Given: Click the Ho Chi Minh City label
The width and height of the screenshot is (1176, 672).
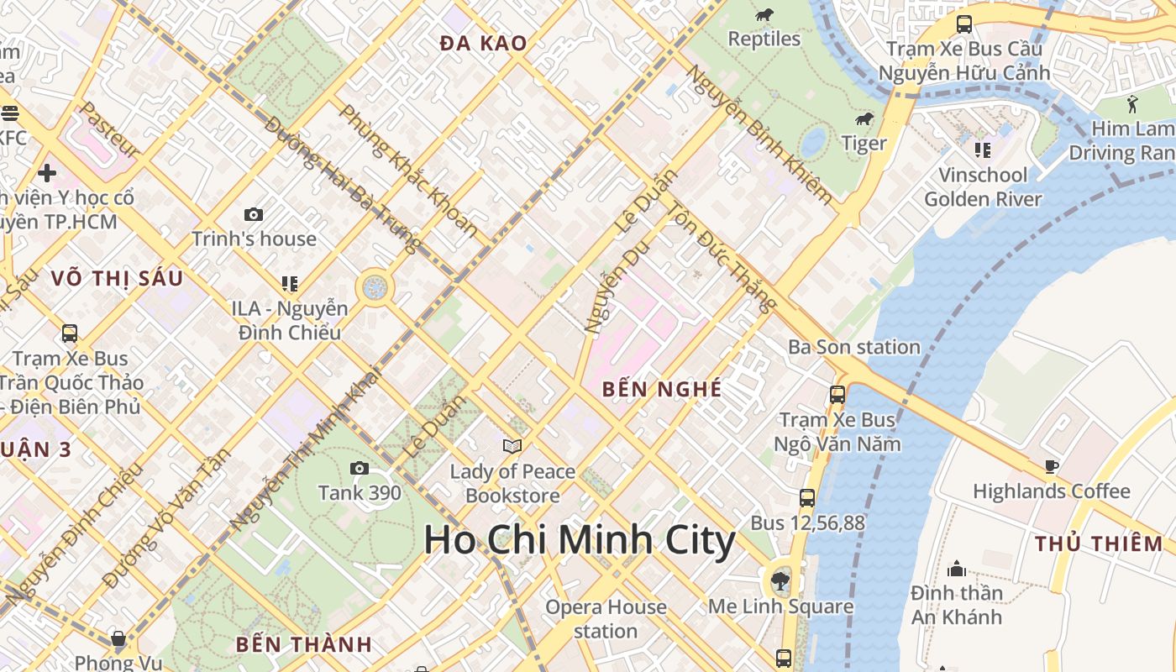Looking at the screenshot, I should [580, 540].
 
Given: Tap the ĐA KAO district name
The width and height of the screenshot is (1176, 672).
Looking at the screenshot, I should [484, 44].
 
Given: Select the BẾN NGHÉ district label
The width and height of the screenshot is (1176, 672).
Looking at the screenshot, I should [662, 389].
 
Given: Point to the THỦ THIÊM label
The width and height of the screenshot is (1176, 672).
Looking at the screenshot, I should [1099, 543].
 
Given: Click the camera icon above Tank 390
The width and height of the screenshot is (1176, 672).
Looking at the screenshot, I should [360, 469].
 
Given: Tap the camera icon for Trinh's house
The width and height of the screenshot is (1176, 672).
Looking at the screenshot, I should [253, 215].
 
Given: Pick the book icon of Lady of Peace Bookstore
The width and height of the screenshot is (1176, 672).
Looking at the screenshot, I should [512, 447].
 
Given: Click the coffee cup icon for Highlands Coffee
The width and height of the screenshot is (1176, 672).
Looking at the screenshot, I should [1051, 466].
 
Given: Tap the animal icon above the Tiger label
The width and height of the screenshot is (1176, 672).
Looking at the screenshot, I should [864, 119].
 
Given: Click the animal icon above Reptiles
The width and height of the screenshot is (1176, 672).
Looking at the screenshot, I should [764, 14].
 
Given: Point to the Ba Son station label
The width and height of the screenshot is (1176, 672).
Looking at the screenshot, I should [853, 347].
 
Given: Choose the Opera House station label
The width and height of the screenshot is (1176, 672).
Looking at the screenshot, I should [606, 619].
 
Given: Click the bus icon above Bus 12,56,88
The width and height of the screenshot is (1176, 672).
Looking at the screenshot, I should [807, 498].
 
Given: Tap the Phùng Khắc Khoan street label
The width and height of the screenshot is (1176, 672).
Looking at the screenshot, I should [408, 171].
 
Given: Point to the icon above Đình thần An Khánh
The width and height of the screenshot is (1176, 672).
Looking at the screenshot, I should [956, 569].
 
